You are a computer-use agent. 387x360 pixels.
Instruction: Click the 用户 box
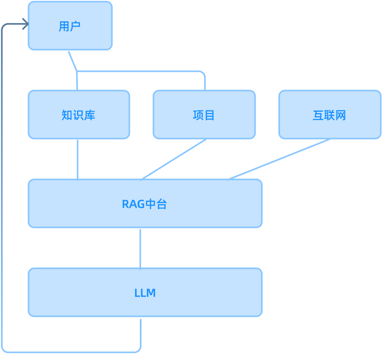coord(70,26)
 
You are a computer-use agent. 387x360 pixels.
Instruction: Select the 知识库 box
coord(79,114)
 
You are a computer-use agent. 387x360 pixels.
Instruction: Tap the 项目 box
coord(204,114)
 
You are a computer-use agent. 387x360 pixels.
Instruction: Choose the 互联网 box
coord(330,114)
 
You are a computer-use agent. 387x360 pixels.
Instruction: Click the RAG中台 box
coord(145,203)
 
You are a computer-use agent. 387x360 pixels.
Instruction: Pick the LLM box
coord(145,292)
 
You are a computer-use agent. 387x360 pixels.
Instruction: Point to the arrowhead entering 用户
coord(26,24)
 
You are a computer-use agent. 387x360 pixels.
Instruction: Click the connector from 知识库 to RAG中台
coord(77,160)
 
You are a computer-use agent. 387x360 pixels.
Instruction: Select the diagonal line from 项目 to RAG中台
coord(173,160)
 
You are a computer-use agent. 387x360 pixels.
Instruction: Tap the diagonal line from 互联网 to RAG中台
coord(279,160)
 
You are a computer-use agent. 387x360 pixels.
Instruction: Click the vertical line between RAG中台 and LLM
coord(140,250)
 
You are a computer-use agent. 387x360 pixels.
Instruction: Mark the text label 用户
coord(70,26)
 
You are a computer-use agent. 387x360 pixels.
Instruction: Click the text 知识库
coord(78,115)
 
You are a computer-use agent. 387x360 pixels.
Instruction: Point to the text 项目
coord(204,115)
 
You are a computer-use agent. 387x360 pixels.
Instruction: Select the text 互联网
coord(329,115)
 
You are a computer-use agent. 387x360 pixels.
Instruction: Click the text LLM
coord(145,293)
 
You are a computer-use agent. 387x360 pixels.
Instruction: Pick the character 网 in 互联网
coord(341,115)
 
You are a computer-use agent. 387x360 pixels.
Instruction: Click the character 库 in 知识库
coord(90,115)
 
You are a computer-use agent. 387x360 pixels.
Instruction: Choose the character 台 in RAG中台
coord(161,204)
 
